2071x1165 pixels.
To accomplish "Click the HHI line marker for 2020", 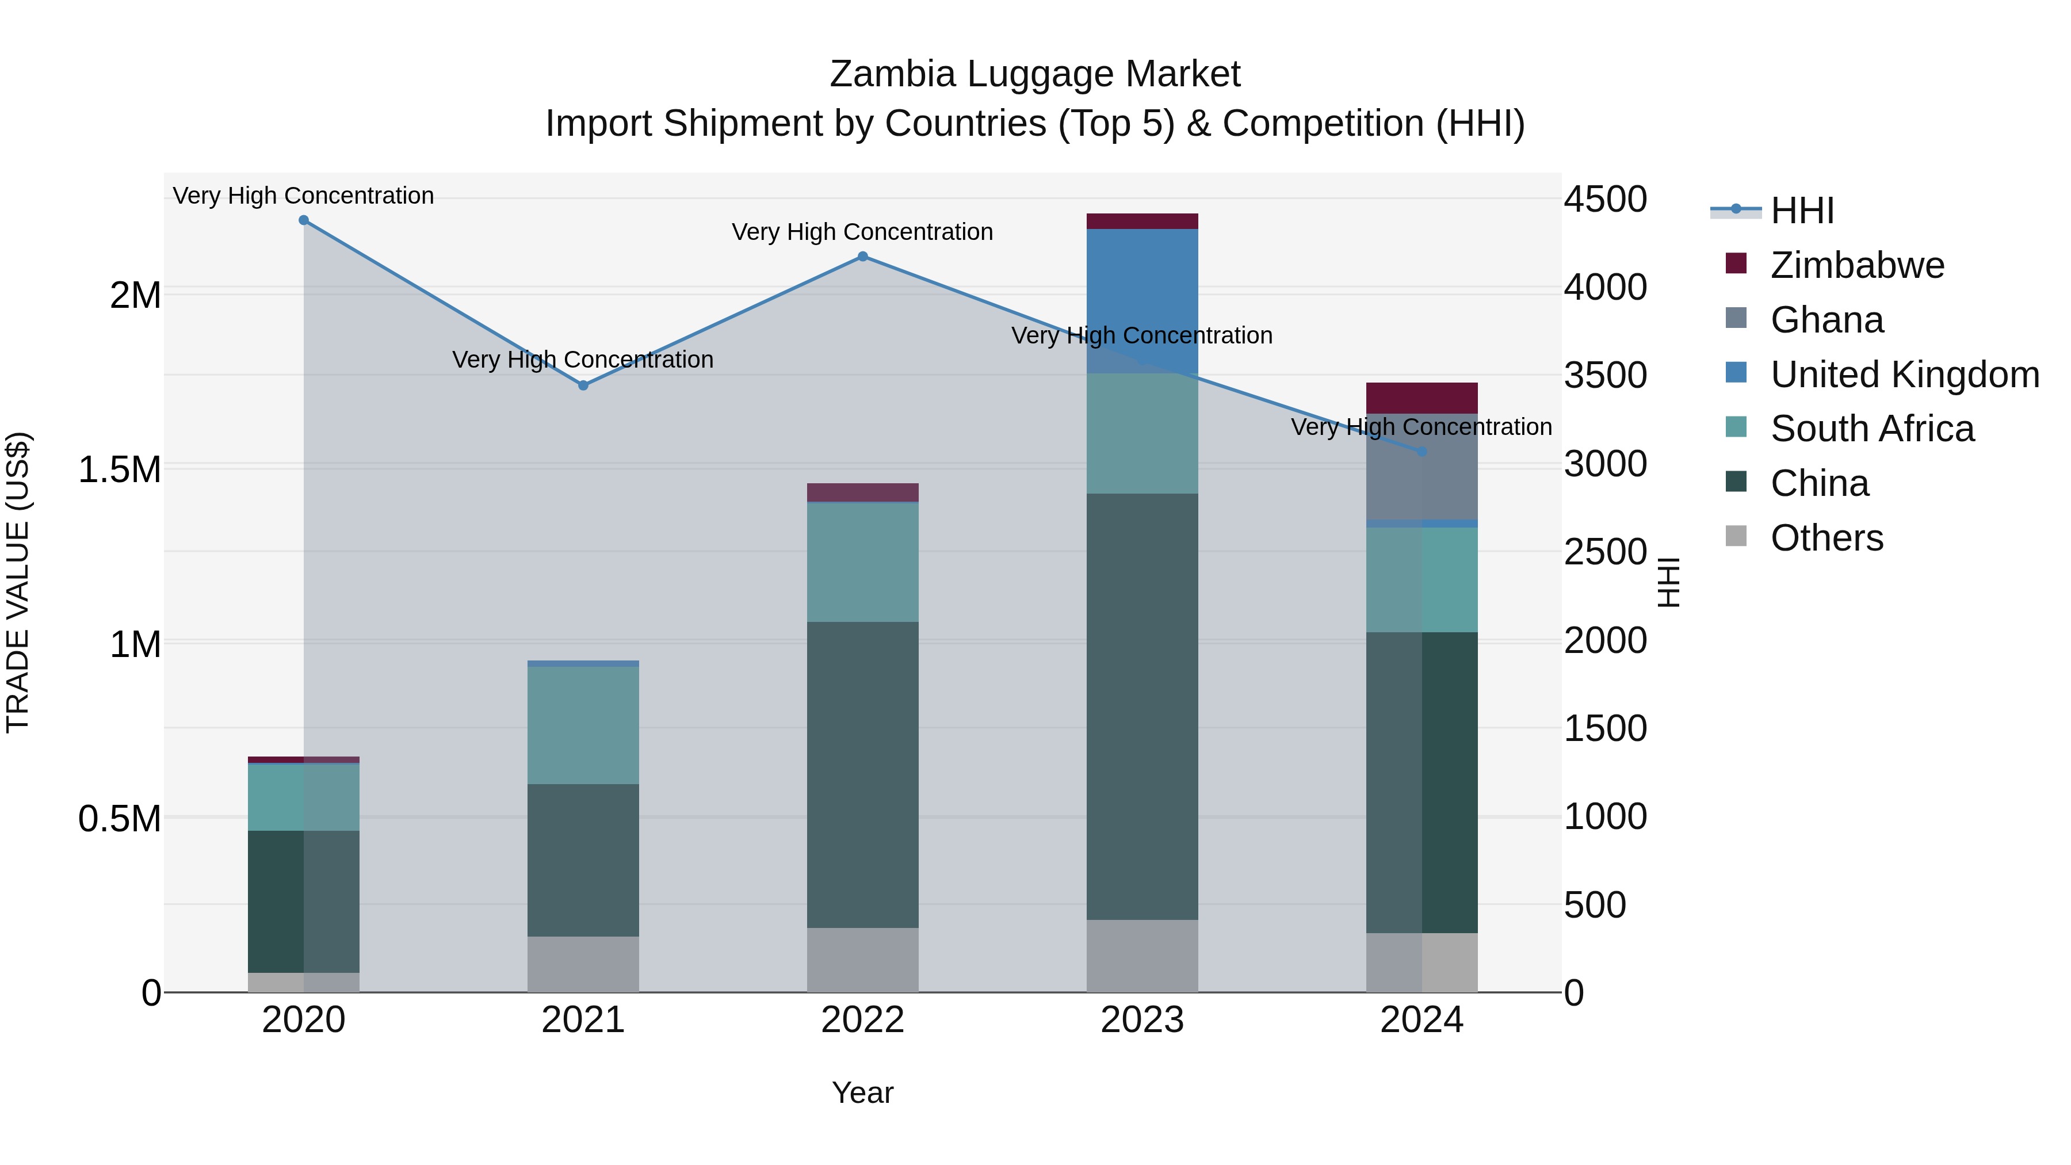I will coord(303,220).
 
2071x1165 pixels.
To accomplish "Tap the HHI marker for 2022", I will coord(863,257).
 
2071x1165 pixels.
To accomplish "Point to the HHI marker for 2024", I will coord(1422,452).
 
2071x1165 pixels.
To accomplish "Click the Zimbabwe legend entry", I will coord(1856,265).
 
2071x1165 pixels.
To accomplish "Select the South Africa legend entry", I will coord(1871,429).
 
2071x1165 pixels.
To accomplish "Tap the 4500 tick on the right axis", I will coord(1604,200).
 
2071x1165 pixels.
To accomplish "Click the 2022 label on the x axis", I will coord(863,1020).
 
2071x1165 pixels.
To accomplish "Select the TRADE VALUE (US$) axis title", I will coord(18,582).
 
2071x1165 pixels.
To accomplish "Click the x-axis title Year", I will coord(863,1093).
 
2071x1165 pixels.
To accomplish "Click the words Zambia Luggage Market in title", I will coord(1035,74).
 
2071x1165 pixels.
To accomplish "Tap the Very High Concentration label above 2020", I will coord(303,196).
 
